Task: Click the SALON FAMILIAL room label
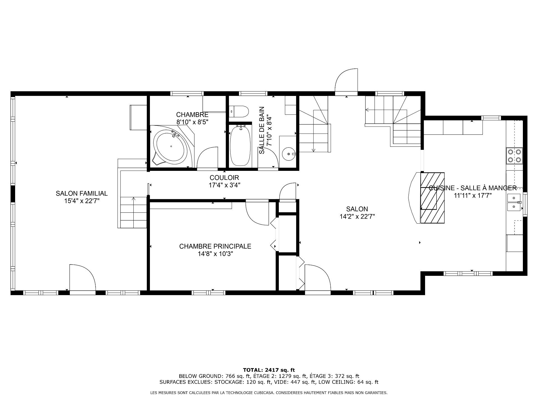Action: pyautogui.click(x=82, y=193)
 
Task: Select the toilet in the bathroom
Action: pyautogui.click(x=239, y=111)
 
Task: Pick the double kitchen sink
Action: pyautogui.click(x=514, y=202)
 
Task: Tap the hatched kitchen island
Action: pyautogui.click(x=432, y=198)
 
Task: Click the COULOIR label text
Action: pyautogui.click(x=224, y=178)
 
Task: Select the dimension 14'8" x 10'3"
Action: pyautogui.click(x=215, y=254)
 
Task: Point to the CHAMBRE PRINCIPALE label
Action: pyautogui.click(x=215, y=246)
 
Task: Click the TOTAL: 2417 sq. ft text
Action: pyautogui.click(x=269, y=370)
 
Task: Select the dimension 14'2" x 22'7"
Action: pyautogui.click(x=357, y=217)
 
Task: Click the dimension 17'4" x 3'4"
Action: pyautogui.click(x=224, y=185)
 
